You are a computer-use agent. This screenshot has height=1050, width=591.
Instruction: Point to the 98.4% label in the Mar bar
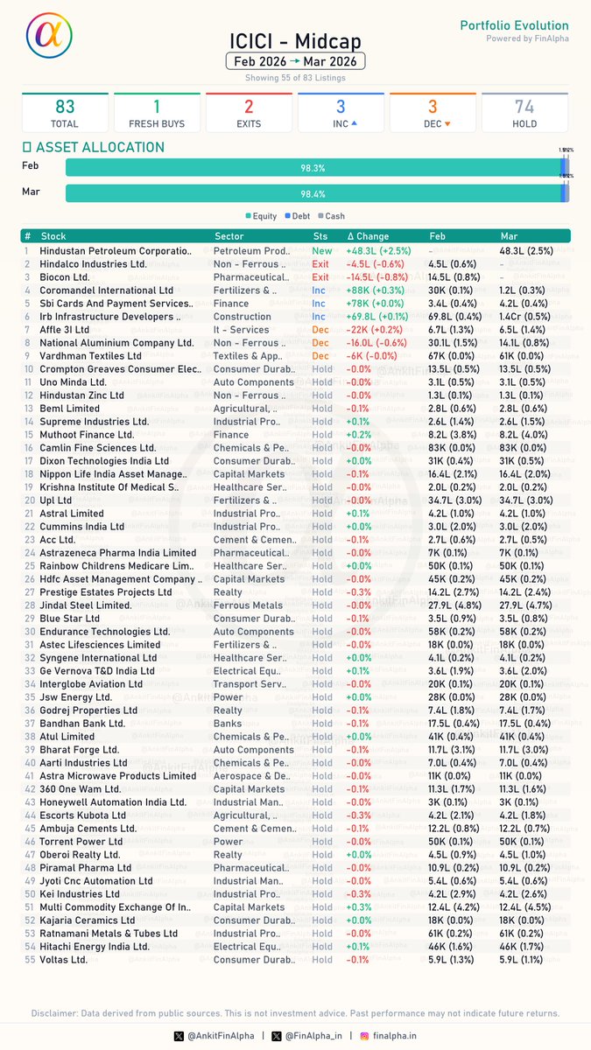point(313,193)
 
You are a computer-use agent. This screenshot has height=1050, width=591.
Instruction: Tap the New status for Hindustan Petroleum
point(322,251)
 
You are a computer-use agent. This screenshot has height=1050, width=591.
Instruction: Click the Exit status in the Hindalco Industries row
point(320,264)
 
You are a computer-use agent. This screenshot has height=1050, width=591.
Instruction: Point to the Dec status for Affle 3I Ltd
point(321,330)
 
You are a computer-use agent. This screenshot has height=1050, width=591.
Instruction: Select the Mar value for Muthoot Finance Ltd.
point(526,435)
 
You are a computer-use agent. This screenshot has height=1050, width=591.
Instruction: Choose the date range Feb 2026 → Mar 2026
point(295,61)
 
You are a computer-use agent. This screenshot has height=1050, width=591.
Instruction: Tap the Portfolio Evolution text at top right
point(514,25)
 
